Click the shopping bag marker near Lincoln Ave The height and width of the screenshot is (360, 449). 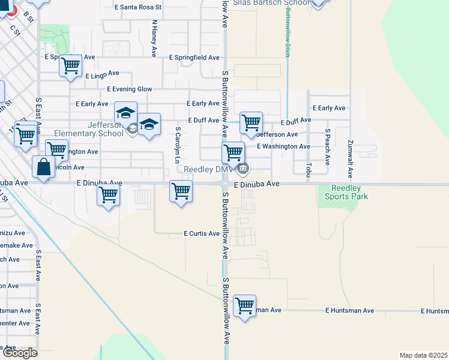[x=44, y=167]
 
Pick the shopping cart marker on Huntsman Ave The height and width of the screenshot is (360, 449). [x=244, y=306]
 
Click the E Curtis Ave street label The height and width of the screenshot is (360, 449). [x=202, y=233]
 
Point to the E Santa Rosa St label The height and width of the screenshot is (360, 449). [x=138, y=7]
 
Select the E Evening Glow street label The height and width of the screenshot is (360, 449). [x=129, y=89]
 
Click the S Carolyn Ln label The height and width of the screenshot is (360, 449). [x=178, y=145]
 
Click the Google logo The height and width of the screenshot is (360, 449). [x=19, y=353]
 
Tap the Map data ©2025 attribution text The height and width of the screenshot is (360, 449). [x=423, y=355]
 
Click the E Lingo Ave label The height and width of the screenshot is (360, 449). [x=103, y=74]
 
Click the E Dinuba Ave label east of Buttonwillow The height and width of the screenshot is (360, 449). [x=257, y=184]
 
